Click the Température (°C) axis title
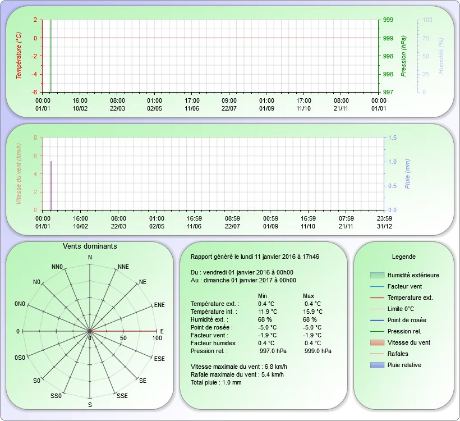[x=19, y=56]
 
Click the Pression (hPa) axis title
[x=404, y=56]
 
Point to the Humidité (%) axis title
[x=441, y=56]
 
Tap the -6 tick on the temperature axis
[x=35, y=92]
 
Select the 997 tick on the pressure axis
[x=388, y=92]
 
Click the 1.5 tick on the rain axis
[x=392, y=138]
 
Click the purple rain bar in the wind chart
[x=51, y=186]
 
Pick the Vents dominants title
[x=90, y=246]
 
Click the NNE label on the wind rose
[x=123, y=267]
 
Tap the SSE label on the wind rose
[x=122, y=396]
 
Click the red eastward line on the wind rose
[x=123, y=331]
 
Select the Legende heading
[x=404, y=257]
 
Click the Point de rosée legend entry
[x=407, y=320]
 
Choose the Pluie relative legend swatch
[x=377, y=365]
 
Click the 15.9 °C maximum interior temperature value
[x=312, y=312]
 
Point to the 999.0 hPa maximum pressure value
[x=318, y=351]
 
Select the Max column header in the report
[x=309, y=296]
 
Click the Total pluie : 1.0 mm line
[x=216, y=382]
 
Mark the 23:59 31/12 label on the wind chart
[x=384, y=222]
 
